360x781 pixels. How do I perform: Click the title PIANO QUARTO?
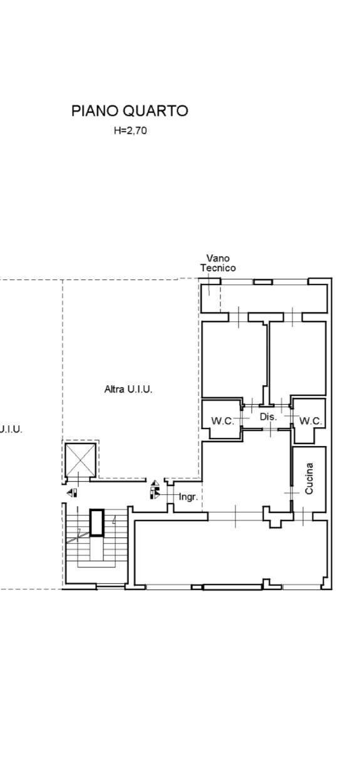pyautogui.click(x=130, y=111)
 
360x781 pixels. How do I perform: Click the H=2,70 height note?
pyautogui.click(x=130, y=130)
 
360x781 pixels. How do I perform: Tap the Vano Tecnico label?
pyautogui.click(x=218, y=263)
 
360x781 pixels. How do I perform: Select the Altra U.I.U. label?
pyautogui.click(x=128, y=389)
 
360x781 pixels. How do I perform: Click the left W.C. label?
pyautogui.click(x=223, y=421)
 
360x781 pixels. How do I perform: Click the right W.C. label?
pyautogui.click(x=311, y=421)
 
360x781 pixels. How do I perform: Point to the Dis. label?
pyautogui.click(x=269, y=416)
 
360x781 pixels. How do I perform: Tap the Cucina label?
pyautogui.click(x=309, y=478)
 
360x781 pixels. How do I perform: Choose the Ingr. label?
pyautogui.click(x=188, y=497)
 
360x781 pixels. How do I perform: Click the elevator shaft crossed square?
pyautogui.click(x=81, y=460)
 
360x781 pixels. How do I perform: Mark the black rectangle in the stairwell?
pyautogui.click(x=97, y=522)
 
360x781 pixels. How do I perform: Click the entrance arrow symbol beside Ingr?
pyautogui.click(x=155, y=490)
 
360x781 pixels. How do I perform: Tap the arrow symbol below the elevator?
pyautogui.click(x=72, y=493)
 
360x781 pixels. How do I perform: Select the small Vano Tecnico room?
pyautogui.click(x=210, y=298)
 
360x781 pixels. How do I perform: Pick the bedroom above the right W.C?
pyautogui.click(x=297, y=359)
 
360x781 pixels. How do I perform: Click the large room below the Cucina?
pyautogui.click(x=230, y=552)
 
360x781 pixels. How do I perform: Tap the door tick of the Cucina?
pyautogui.click(x=292, y=492)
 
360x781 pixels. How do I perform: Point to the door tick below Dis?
pyautogui.click(x=271, y=428)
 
